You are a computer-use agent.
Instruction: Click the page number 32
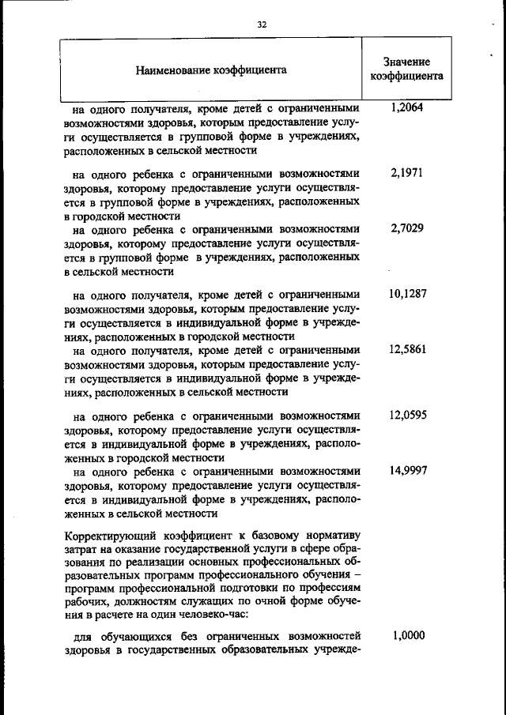[x=262, y=24]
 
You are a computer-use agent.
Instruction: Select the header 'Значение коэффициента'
[x=406, y=70]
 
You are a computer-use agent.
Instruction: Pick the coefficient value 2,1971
[x=407, y=172]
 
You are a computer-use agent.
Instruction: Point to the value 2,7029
[x=407, y=229]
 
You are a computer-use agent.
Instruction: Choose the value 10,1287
[x=407, y=294]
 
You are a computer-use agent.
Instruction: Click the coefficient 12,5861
[x=407, y=349]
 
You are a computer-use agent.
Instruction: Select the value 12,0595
[x=407, y=414]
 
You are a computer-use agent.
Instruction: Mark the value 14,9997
[x=407, y=470]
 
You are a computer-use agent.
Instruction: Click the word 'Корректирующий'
[x=107, y=535]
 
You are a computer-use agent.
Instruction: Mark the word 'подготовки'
[x=255, y=589]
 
